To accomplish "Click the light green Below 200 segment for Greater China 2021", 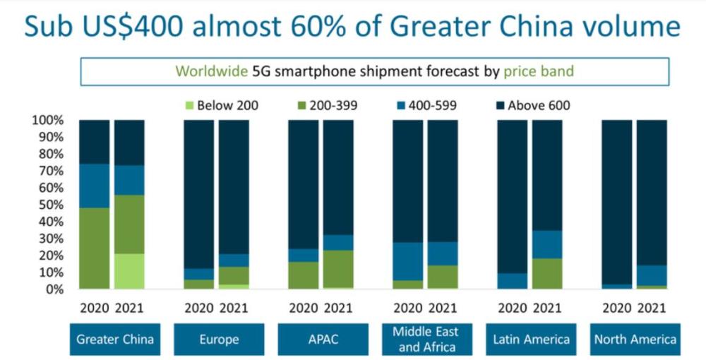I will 129,271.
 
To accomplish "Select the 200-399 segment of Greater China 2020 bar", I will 95,248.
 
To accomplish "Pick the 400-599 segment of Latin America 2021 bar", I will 546,244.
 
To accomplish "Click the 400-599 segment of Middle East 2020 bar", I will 407,261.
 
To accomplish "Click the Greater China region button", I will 115,340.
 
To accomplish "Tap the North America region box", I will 635,340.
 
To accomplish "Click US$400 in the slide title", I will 135,27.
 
